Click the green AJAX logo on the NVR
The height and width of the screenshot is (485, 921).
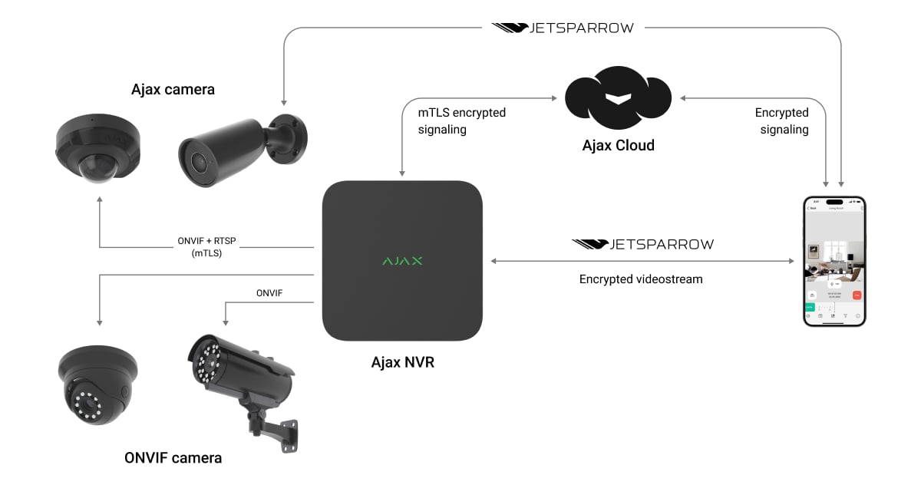click(x=402, y=261)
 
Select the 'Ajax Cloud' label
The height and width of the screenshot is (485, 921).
click(x=618, y=145)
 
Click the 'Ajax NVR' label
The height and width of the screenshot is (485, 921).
click(x=402, y=361)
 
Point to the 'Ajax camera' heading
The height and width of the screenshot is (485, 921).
click(x=173, y=90)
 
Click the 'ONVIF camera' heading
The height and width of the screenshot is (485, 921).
click(x=173, y=458)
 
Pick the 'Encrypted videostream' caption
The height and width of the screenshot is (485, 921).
click(x=641, y=279)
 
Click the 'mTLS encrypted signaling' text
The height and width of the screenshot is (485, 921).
click(x=461, y=121)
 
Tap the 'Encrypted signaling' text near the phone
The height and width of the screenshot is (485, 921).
click(x=781, y=121)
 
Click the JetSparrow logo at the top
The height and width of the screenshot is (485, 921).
click(x=563, y=28)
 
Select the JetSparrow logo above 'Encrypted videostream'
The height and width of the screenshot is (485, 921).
click(x=642, y=244)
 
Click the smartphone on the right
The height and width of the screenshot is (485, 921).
click(x=834, y=261)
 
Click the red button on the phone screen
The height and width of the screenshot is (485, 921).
click(x=857, y=295)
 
